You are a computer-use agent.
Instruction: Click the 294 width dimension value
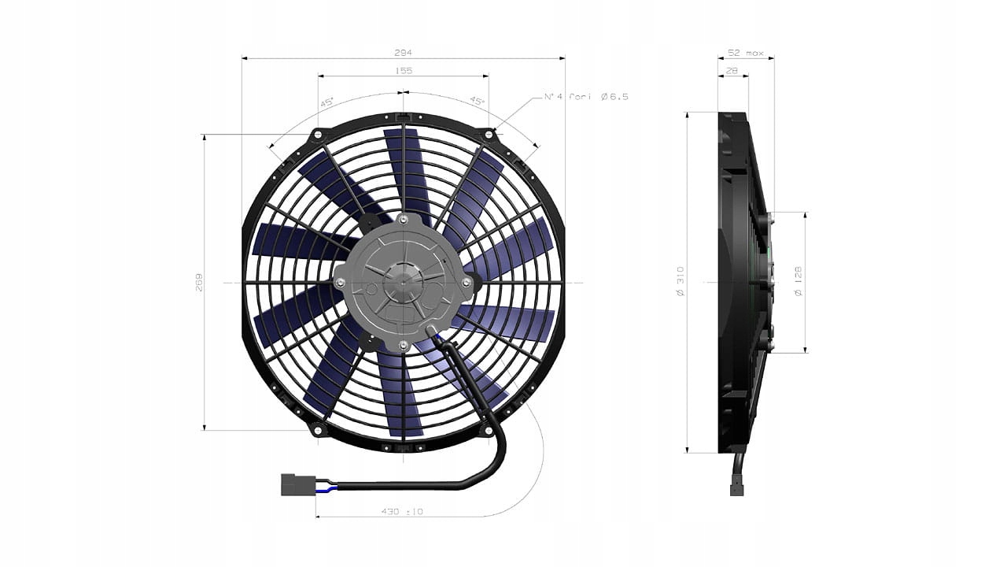pyautogui.click(x=404, y=52)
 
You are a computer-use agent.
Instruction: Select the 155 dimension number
pyautogui.click(x=404, y=71)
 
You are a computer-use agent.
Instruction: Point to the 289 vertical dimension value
pyautogui.click(x=198, y=282)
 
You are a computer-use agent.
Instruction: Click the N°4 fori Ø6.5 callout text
pyautogui.click(x=586, y=97)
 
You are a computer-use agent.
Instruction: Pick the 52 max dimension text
pyautogui.click(x=745, y=53)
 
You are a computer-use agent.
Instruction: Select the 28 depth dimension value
pyautogui.click(x=732, y=71)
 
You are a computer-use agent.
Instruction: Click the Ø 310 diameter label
pyautogui.click(x=681, y=282)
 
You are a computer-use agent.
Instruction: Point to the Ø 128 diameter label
pyautogui.click(x=799, y=282)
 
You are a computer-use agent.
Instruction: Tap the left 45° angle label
pyautogui.click(x=326, y=102)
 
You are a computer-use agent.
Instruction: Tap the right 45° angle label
pyautogui.click(x=478, y=102)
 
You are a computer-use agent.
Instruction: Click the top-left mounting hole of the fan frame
pyautogui.click(x=318, y=135)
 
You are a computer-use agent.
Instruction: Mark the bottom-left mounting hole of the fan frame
pyautogui.click(x=318, y=430)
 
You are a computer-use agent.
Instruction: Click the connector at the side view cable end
pyautogui.click(x=737, y=489)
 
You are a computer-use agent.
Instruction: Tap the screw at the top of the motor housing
pyautogui.click(x=404, y=218)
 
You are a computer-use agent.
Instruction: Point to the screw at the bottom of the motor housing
pyautogui.click(x=404, y=346)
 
